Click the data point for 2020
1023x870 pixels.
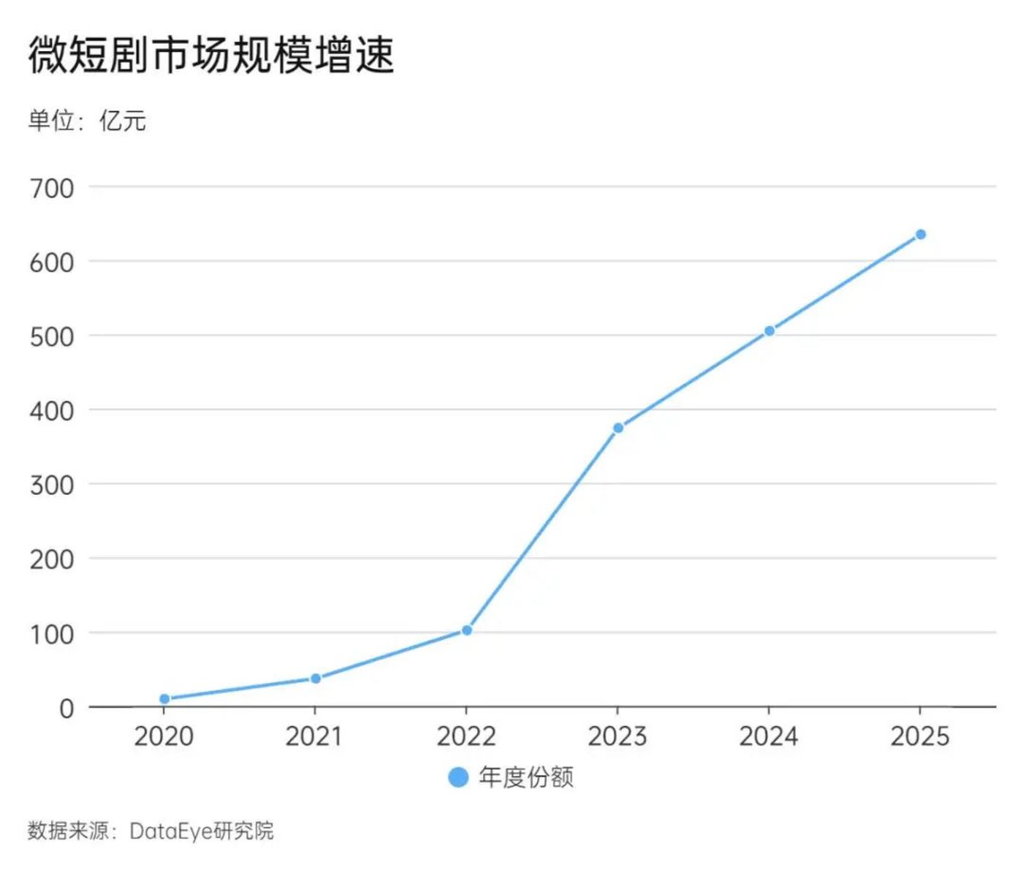coord(164,699)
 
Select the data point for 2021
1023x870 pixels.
coord(316,678)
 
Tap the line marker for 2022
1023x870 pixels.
coord(467,630)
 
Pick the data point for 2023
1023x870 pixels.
coord(618,428)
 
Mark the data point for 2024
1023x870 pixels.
coord(769,331)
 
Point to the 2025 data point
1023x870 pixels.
coord(921,235)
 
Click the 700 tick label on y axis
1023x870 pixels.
coord(52,189)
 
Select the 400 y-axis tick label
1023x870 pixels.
coord(52,411)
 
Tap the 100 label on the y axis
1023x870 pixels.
coord(52,634)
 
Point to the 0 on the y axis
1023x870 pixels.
coord(66,708)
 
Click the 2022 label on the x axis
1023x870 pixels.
coord(466,736)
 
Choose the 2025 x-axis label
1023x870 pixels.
coord(920,736)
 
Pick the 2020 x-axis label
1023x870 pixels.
coord(164,736)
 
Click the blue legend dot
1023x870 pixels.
coord(458,777)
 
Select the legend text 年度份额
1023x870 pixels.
coord(526,777)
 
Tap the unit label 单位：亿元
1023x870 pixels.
coord(87,121)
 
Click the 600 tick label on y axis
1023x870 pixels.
coord(52,262)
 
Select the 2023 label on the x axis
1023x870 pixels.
coord(617,736)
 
